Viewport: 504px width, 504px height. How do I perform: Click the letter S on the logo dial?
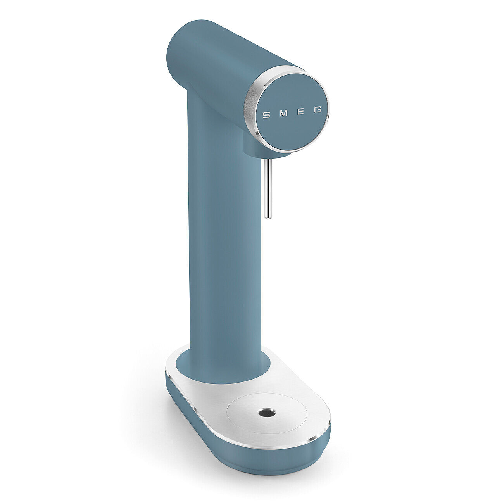(x=266, y=115)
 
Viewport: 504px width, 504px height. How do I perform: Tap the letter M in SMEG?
(x=284, y=114)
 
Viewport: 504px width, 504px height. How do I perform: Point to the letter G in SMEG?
(x=318, y=110)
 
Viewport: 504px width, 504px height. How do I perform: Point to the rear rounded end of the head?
(x=178, y=58)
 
